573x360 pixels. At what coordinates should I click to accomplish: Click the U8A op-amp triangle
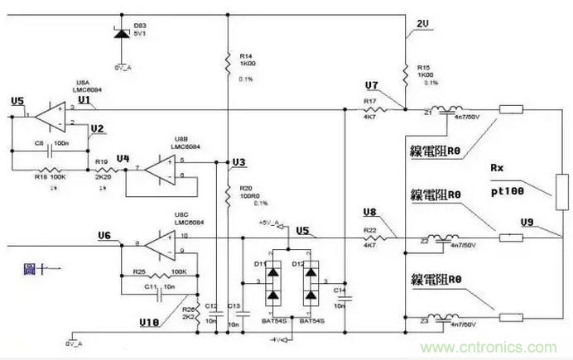(x=53, y=115)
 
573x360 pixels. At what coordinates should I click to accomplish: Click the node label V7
(x=371, y=86)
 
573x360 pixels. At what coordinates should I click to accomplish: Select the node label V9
(x=527, y=222)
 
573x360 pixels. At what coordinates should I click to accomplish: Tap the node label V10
(x=151, y=319)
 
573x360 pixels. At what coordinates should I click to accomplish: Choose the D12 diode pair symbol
(x=312, y=285)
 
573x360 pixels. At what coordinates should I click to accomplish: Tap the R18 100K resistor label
(x=46, y=176)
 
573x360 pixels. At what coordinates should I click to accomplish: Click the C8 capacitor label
(x=39, y=143)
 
